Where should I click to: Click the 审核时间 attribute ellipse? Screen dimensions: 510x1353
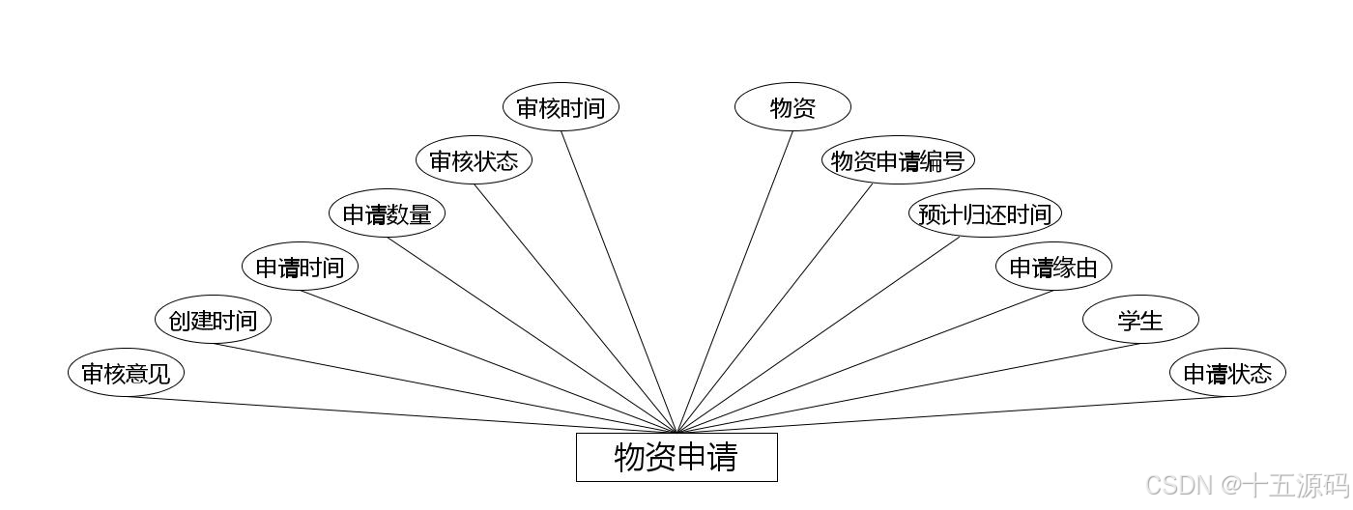(561, 107)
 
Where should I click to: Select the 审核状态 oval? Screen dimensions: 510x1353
(474, 160)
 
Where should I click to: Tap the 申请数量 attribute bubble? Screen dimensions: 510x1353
(387, 213)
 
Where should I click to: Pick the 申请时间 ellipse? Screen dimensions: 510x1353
(300, 267)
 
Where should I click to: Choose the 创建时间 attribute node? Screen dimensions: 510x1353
(213, 320)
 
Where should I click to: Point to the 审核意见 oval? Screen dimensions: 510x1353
(126, 373)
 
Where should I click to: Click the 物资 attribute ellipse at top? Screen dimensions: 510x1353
(792, 107)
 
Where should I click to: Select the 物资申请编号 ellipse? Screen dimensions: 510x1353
(898, 160)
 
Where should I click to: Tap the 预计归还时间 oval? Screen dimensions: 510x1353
(985, 213)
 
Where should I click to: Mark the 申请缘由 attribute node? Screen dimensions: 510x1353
(1053, 267)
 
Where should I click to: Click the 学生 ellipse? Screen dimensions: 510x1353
(1140, 320)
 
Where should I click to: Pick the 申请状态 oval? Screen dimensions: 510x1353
(1227, 373)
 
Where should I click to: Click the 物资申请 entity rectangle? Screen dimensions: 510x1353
(676, 457)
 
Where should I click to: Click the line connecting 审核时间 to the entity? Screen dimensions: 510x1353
(619, 281)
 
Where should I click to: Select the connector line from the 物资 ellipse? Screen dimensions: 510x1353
(734, 281)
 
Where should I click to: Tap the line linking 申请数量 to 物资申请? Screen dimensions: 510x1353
(532, 334)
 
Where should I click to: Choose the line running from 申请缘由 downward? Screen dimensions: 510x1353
(865, 361)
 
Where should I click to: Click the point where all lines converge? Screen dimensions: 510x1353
(676, 432)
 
